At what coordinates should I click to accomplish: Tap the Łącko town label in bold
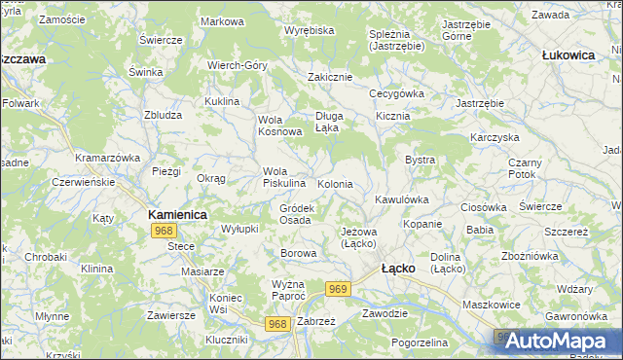coord(399,267)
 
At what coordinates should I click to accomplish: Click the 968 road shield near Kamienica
coord(164,231)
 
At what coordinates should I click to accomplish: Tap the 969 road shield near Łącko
coord(339,289)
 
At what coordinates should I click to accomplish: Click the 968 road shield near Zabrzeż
coord(278,324)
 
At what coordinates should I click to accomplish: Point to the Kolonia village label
coord(335,184)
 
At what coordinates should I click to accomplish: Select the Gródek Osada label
coord(296,214)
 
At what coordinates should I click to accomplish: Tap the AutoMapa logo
coord(556,340)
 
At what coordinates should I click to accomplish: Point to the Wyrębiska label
coord(309,31)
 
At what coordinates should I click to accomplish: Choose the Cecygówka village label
coord(396,93)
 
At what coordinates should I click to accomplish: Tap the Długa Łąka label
coord(327,121)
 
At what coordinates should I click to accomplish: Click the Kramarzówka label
coord(108,157)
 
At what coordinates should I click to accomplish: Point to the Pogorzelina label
coord(420,343)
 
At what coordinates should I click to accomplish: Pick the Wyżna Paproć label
coord(288,289)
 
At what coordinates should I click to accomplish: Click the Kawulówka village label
coord(402,199)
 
